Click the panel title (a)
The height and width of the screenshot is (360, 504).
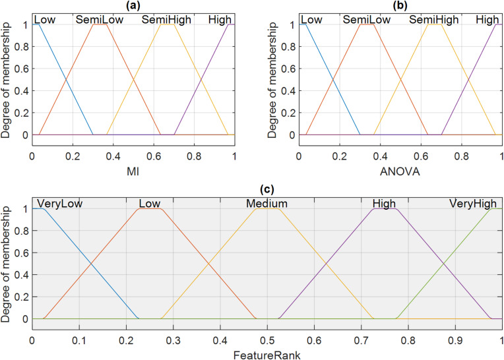tap(133, 6)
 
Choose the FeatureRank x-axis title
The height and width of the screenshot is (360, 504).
tap(267, 353)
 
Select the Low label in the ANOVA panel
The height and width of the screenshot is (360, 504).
tap(312, 20)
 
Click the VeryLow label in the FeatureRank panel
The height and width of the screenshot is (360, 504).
tap(60, 202)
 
